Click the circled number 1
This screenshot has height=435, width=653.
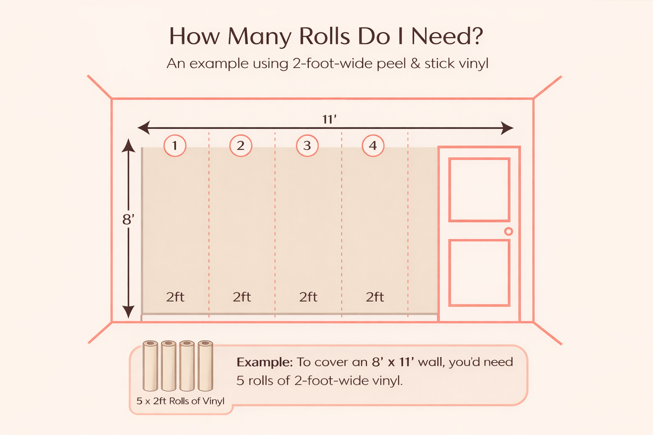click(175, 145)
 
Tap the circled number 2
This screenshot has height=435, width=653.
click(241, 145)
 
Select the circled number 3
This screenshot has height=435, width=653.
click(307, 145)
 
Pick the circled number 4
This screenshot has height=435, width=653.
click(373, 145)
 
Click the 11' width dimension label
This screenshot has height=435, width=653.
click(329, 119)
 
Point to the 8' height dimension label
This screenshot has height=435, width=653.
click(128, 219)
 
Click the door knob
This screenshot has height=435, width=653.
click(509, 232)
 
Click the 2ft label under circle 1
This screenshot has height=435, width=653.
click(175, 297)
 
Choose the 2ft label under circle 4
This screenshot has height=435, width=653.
click(375, 297)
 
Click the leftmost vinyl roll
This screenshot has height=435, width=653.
click(150, 366)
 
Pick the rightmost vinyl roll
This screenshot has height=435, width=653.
click(205, 366)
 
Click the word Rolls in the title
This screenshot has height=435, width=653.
click(324, 37)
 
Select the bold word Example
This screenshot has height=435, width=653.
click(264, 362)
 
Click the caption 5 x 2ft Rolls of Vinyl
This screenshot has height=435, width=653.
click(180, 401)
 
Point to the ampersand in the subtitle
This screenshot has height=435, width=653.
click(415, 64)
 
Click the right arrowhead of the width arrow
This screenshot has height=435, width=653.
click(507, 128)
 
